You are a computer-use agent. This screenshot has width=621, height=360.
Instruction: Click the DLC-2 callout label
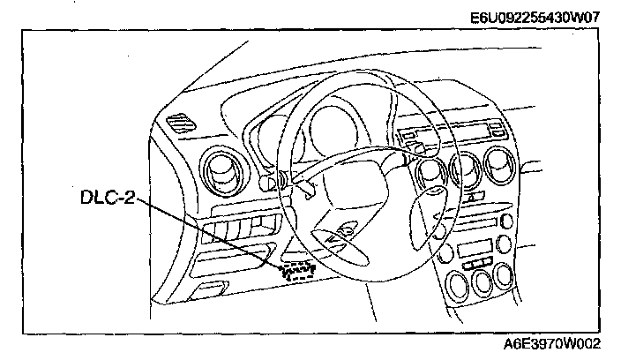coord(106,200)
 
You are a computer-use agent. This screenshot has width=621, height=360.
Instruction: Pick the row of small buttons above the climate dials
coord(475,263)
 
